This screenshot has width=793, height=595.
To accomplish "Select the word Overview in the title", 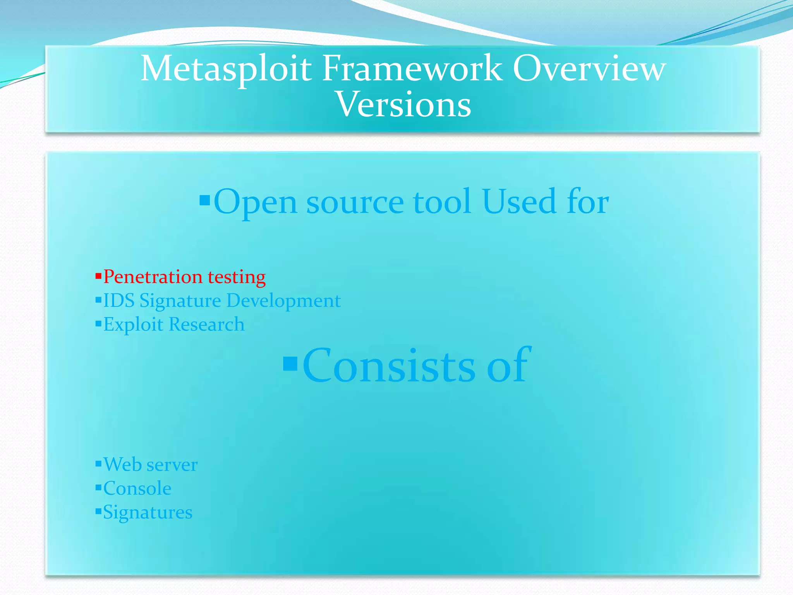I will [589, 69].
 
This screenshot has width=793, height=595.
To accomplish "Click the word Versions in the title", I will [403, 104].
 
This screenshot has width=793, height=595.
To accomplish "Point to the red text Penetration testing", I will [184, 277].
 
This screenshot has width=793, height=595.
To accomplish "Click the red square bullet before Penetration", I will [98, 276].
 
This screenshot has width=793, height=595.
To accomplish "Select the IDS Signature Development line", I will [221, 301].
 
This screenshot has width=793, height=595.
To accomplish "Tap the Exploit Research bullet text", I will [174, 324].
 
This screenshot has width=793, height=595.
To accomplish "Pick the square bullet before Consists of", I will [290, 363].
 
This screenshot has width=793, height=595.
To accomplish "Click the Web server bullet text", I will [151, 464].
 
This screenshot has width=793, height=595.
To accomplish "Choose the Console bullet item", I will [137, 488].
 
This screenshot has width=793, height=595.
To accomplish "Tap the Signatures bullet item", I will [148, 512].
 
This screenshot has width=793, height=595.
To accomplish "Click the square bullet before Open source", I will [204, 200].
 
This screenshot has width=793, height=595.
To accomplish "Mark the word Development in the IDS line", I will [283, 301].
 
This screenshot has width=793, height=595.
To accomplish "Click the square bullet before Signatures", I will [98, 511].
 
